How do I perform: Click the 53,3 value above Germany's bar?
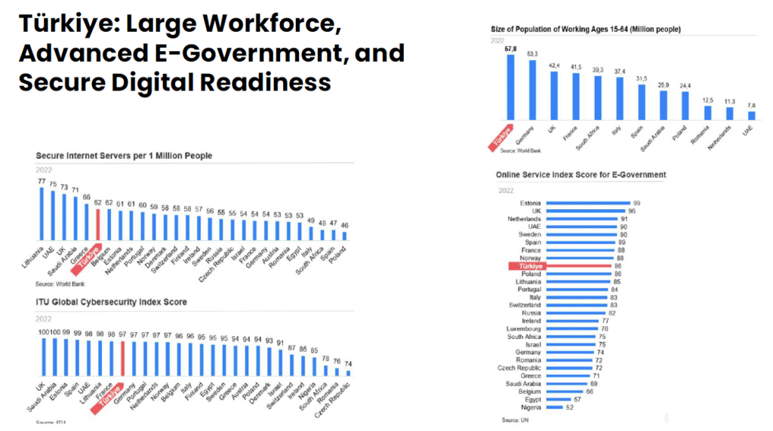click(x=533, y=54)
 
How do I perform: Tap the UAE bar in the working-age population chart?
click(x=751, y=115)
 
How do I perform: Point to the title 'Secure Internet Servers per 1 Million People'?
click(x=124, y=155)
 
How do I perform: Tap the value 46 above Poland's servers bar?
click(x=344, y=225)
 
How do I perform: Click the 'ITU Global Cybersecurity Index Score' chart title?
click(x=112, y=302)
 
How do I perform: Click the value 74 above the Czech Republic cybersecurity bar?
click(x=349, y=363)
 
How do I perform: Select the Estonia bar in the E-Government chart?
click(x=587, y=203)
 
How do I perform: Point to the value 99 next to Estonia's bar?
click(x=636, y=203)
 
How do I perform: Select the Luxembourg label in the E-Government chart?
click(x=523, y=328)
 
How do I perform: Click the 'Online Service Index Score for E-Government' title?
click(x=581, y=174)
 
